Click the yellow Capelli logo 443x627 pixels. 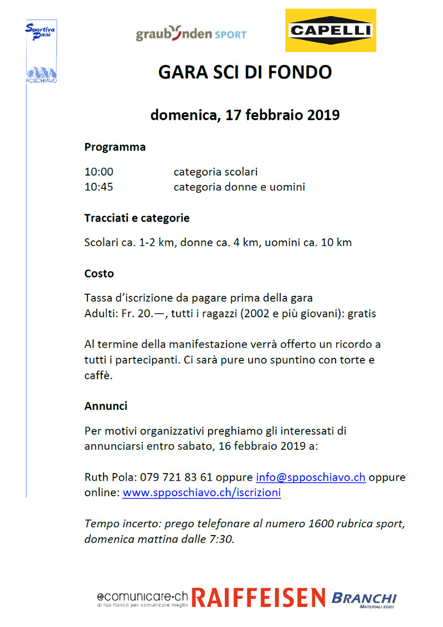[331, 30]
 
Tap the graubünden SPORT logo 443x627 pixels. [191, 34]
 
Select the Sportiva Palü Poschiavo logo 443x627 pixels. [41, 52]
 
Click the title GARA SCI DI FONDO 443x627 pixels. [245, 73]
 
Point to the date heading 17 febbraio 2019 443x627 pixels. [245, 115]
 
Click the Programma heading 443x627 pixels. [115, 147]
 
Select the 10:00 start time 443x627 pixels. [99, 172]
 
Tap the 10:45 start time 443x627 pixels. [99, 187]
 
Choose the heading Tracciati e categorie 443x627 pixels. [137, 218]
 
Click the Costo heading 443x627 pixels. [99, 274]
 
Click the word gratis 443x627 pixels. [362, 313]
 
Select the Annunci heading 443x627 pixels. [106, 406]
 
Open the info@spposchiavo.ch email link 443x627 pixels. [310, 477]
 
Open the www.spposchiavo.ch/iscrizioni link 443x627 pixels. [202, 492]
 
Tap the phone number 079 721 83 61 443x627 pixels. [176, 477]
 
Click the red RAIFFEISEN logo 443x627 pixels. [259, 598]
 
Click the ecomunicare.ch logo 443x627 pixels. [142, 599]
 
